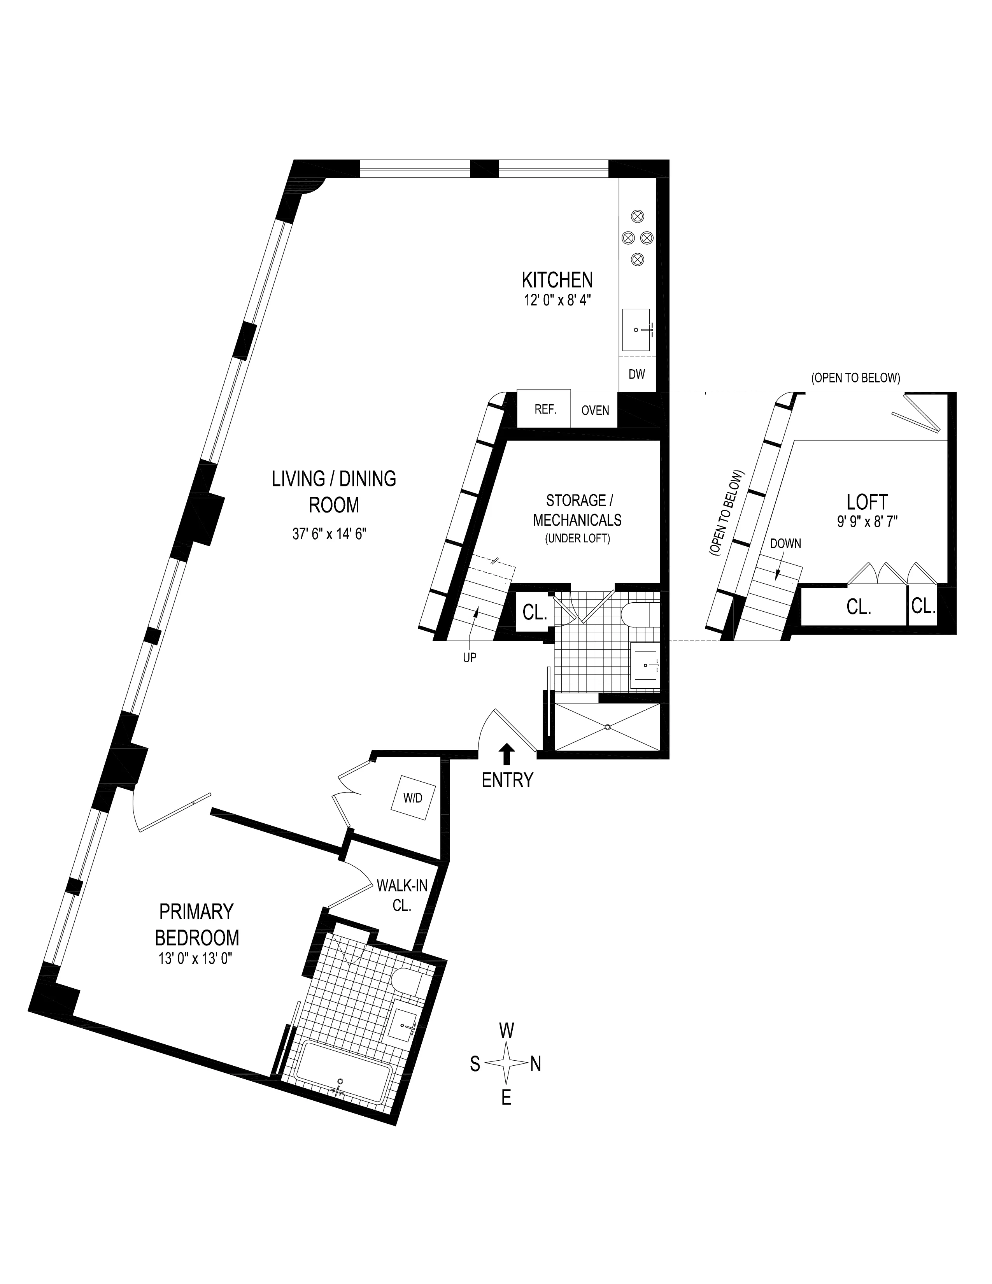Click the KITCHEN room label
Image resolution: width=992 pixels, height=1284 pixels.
pos(557,279)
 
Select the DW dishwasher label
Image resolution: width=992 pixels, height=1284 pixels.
pos(636,374)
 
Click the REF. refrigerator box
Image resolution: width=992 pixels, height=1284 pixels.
pos(544,409)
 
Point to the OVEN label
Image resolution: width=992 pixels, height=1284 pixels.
pos(595,411)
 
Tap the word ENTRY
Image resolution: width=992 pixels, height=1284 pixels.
pos(507,780)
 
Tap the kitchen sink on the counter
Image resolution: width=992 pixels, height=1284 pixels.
pos(636,330)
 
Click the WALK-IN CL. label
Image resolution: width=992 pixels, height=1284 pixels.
pos(402,895)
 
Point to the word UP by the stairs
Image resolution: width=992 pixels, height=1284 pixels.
pos(470,658)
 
